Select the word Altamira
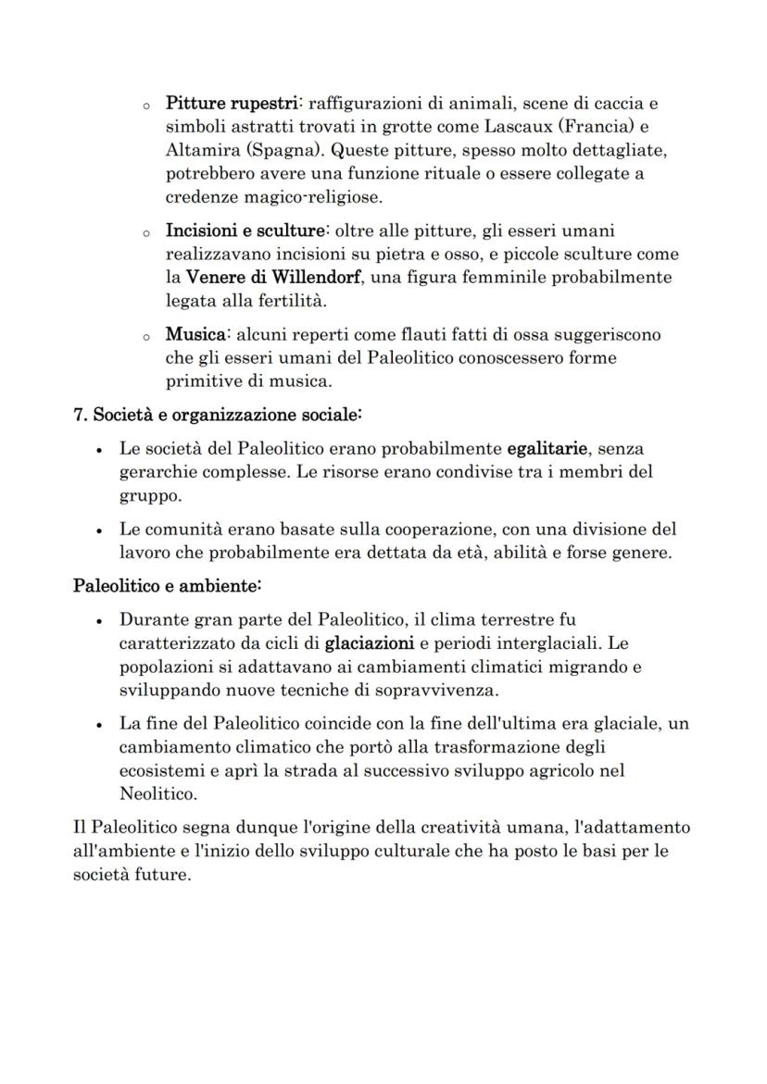(198, 150)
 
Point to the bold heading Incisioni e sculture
(245, 231)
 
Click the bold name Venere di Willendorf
(273, 278)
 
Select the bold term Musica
(193, 334)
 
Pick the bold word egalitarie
(547, 449)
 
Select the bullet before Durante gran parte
(99, 620)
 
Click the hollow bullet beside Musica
(145, 336)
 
